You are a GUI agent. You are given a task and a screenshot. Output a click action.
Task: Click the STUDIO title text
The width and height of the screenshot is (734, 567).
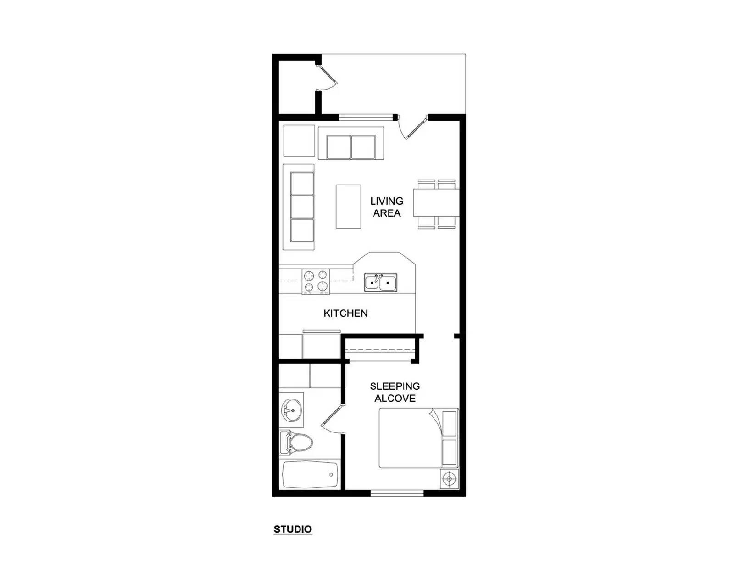click(x=293, y=529)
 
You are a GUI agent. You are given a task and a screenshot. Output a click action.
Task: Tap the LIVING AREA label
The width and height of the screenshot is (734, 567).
click(x=387, y=207)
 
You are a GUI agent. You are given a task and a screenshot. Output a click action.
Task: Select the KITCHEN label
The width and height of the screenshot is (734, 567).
click(x=345, y=313)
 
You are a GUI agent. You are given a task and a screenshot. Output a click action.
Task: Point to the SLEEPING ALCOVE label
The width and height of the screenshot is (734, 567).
click(x=395, y=392)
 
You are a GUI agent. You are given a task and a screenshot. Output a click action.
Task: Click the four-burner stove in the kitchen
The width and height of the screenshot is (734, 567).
click(x=316, y=281)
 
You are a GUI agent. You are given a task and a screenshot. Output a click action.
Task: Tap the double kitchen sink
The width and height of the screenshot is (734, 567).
click(x=381, y=283)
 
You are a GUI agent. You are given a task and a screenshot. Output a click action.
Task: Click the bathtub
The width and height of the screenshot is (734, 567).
click(x=310, y=474)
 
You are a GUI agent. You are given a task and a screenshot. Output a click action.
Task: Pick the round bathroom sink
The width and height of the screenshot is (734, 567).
click(x=291, y=410)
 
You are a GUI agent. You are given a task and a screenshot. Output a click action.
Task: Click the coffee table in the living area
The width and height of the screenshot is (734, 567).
click(x=348, y=207)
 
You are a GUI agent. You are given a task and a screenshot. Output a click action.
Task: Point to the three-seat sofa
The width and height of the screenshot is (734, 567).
click(x=299, y=207)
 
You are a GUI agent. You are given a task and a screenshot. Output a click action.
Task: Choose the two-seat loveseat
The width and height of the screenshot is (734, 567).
click(x=351, y=143)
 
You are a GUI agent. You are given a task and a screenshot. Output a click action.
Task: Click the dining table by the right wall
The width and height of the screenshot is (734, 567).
click(x=436, y=203)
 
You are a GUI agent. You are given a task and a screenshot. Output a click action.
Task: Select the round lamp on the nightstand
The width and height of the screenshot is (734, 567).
click(x=449, y=479)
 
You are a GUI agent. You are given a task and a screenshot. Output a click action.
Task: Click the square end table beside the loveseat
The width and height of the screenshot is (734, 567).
click(x=299, y=140)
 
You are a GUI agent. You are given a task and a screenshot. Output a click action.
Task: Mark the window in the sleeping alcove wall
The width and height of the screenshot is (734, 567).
click(x=397, y=494)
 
